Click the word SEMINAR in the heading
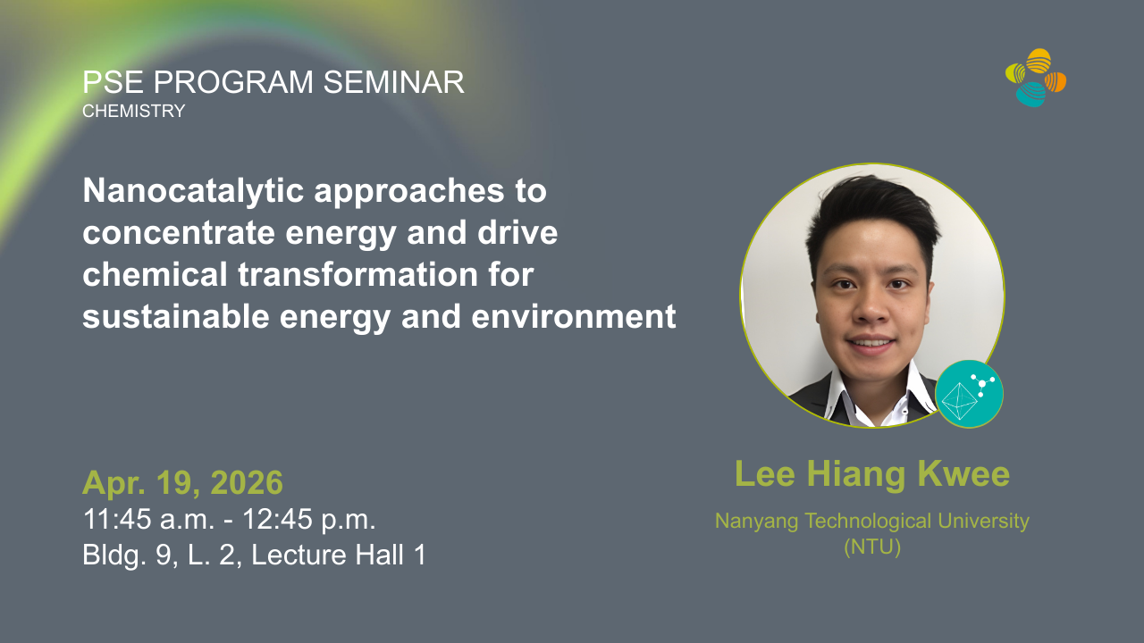click(x=394, y=82)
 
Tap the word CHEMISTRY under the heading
click(x=134, y=111)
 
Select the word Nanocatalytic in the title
click(x=194, y=191)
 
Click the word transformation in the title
click(x=358, y=274)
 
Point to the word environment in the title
click(x=574, y=317)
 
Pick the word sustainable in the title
click(x=176, y=317)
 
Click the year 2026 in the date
click(x=247, y=482)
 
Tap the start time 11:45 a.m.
click(x=149, y=519)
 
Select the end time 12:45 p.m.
click(x=309, y=519)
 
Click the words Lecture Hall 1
click(x=338, y=555)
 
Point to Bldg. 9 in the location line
click(x=130, y=555)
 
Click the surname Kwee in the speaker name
click(x=963, y=474)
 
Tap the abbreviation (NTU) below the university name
click(x=872, y=547)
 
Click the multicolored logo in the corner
click(x=1036, y=78)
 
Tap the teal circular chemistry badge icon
click(x=969, y=394)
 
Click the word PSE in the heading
click(x=113, y=82)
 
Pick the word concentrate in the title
click(x=179, y=233)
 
